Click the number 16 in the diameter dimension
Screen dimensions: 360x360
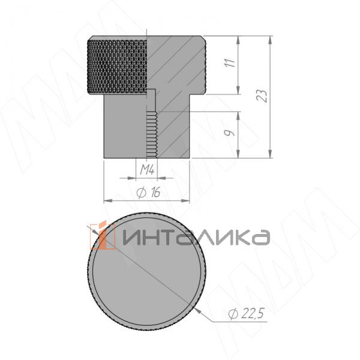click(155, 192)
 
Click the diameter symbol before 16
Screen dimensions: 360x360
click(140, 193)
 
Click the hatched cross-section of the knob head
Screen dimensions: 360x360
click(177, 63)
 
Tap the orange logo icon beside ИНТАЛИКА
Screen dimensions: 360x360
click(105, 236)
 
